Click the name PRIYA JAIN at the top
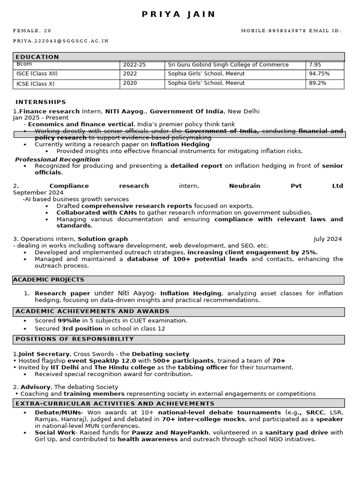pos(179,15)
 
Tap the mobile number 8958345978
pos(287,31)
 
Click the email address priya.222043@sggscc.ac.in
pos(60,41)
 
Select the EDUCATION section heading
pos(37,57)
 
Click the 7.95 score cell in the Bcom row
pos(315,65)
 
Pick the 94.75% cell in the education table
pos(319,74)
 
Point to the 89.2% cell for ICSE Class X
pos(317,83)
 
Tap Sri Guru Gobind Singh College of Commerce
pos(228,65)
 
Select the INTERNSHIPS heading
pos(41,102)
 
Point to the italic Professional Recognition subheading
pos(57,160)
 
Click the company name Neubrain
pos(244,186)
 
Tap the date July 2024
pos(328,239)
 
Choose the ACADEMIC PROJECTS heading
pos(49,280)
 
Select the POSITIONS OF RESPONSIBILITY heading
pos(75,339)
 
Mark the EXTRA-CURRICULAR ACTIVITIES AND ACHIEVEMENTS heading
pos(115,404)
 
